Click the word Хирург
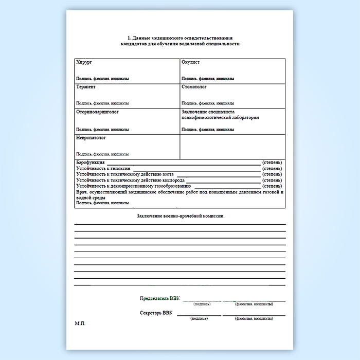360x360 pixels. pyautogui.click(x=84, y=62)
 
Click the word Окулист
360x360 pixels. pyautogui.click(x=190, y=62)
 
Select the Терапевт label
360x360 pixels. pyautogui.click(x=85, y=87)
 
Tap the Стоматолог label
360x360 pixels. pyautogui.click(x=194, y=87)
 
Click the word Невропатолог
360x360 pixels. pyautogui.click(x=91, y=138)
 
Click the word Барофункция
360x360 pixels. pyautogui.click(x=90, y=163)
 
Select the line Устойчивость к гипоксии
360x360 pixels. pyautogui.click(x=103, y=168)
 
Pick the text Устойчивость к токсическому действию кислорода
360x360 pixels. pyautogui.click(x=130, y=181)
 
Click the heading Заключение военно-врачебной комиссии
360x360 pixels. pyautogui.click(x=180, y=216)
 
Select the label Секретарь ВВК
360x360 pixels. pyautogui.click(x=156, y=313)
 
